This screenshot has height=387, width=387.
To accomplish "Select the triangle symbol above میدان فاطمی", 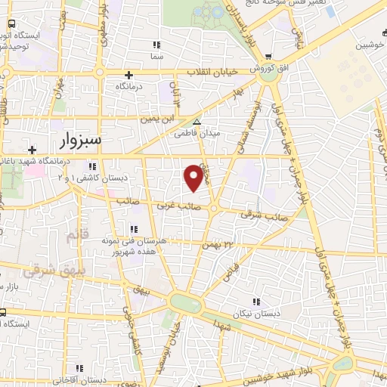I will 197,122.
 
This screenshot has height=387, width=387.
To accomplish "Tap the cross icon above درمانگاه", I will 129,75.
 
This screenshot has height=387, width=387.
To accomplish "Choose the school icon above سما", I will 157,45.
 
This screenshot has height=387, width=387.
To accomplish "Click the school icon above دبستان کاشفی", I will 92,166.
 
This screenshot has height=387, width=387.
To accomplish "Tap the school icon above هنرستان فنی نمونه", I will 135,229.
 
